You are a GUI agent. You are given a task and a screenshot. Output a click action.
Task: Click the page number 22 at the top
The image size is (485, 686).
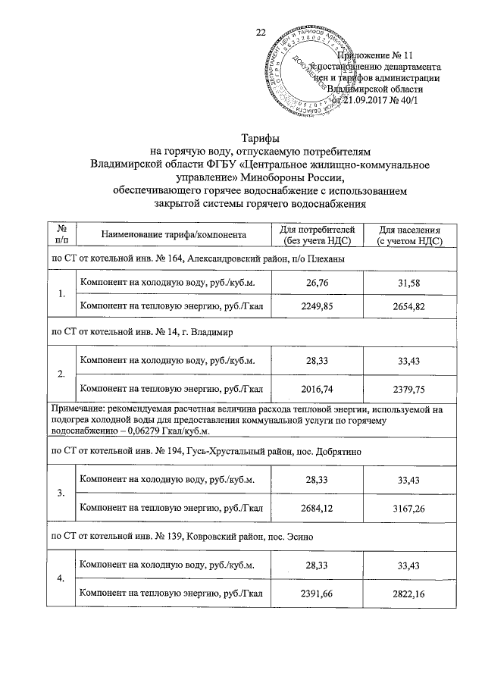coord(261,32)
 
